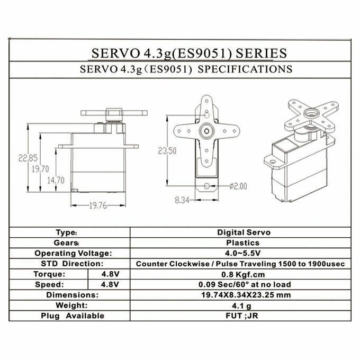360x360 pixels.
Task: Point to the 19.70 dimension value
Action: (x=40, y=169)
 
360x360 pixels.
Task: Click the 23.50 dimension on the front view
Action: (x=167, y=151)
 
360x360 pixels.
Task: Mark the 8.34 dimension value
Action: (x=181, y=201)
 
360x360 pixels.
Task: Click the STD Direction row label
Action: (x=71, y=264)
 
